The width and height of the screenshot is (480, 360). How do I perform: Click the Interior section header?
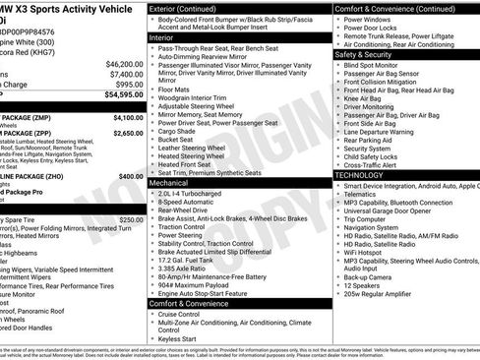(162, 36)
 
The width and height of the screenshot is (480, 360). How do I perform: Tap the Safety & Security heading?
(370, 55)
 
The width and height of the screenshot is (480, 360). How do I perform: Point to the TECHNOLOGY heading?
(360, 174)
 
